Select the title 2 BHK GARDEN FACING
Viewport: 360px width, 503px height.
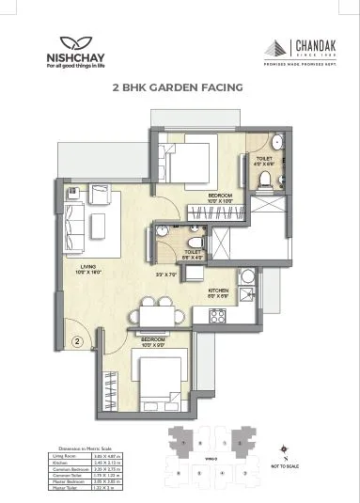pyautogui.click(x=178, y=86)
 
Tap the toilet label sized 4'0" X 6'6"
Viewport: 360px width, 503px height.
pyautogui.click(x=265, y=163)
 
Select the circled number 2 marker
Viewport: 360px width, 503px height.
pyautogui.click(x=78, y=328)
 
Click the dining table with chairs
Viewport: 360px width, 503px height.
pyautogui.click(x=155, y=310)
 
